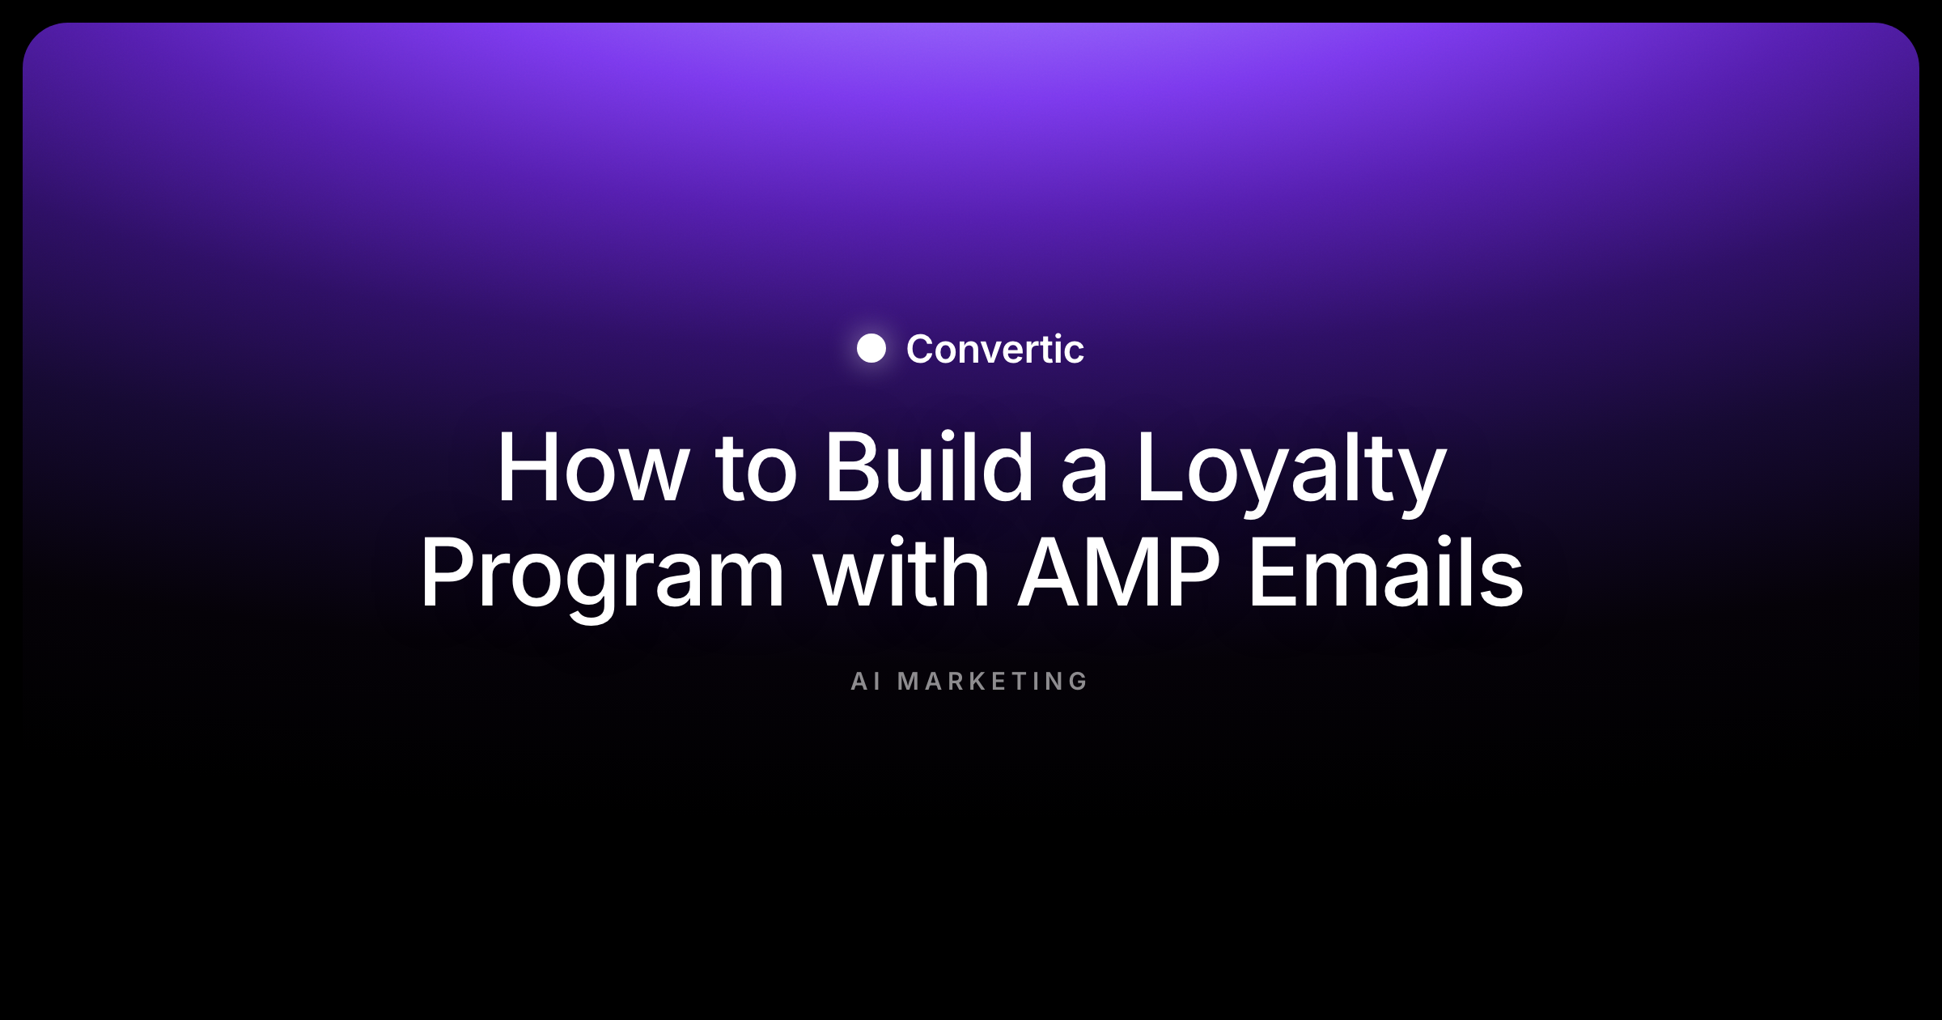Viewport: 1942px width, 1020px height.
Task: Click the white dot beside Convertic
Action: click(x=871, y=348)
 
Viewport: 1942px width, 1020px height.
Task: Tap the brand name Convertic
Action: click(x=994, y=349)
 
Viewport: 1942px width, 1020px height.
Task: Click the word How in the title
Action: click(x=593, y=467)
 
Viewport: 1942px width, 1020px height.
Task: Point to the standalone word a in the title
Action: click(x=1084, y=476)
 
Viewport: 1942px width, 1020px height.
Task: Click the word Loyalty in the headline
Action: click(x=1291, y=474)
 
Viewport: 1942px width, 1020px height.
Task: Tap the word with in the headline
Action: click(x=901, y=572)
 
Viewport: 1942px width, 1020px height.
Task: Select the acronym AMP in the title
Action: click(x=1118, y=572)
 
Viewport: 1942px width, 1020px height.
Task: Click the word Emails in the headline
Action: click(x=1386, y=572)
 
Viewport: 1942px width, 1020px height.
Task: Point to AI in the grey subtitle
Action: click(x=865, y=682)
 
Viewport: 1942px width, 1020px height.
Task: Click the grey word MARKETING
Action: click(x=993, y=682)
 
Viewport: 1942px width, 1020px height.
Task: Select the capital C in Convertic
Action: click(x=921, y=349)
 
